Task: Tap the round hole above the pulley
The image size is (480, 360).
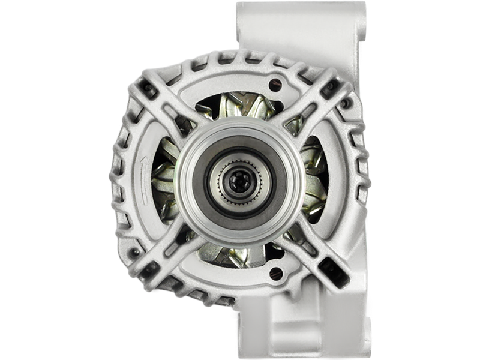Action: pos(275,84)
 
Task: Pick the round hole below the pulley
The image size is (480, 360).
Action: pos(275,273)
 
